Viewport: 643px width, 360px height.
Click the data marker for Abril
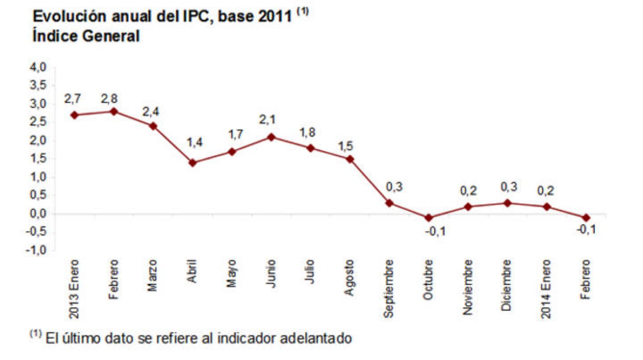click(192, 163)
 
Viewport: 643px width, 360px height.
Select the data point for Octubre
click(429, 218)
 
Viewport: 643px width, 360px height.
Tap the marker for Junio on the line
click(271, 137)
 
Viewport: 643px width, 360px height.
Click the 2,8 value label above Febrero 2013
click(109, 99)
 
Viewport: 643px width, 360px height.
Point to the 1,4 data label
click(195, 142)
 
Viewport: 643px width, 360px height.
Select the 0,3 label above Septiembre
click(394, 187)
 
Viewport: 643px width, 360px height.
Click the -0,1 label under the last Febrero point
click(586, 230)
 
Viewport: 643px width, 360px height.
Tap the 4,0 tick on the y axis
click(38, 67)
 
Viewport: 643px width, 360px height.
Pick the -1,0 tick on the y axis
click(36, 250)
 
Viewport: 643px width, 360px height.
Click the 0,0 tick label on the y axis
click(38, 213)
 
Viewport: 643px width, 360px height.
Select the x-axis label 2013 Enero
click(74, 289)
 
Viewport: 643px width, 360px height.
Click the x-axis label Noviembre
click(467, 287)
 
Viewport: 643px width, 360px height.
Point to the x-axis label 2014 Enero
click(546, 289)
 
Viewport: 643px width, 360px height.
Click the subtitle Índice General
click(86, 36)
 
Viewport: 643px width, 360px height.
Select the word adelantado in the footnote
click(316, 338)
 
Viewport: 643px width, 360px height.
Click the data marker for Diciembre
click(508, 203)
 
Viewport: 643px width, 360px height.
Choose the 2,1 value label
click(267, 120)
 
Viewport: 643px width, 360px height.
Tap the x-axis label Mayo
click(231, 273)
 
